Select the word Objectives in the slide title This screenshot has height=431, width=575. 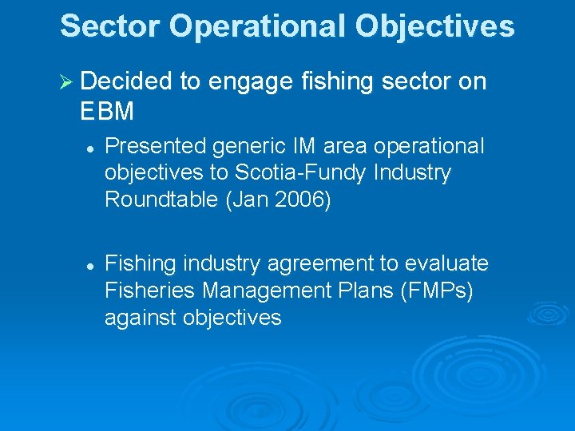[x=435, y=26]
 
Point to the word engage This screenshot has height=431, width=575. [x=247, y=83]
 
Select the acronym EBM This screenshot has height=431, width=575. [x=107, y=112]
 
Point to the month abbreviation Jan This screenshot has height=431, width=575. [x=247, y=199]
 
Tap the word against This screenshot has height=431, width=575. [x=141, y=318]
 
